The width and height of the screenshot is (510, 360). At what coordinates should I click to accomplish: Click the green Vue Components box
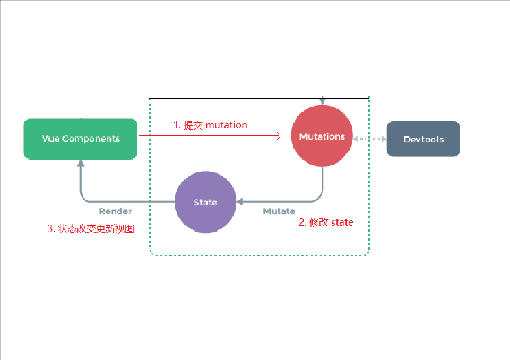(81, 139)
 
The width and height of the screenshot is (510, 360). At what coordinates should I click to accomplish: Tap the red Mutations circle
(322, 136)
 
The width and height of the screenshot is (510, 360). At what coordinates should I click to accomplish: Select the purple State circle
(205, 202)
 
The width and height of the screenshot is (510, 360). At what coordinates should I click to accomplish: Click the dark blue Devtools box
(423, 139)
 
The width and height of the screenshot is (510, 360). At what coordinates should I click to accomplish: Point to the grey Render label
(115, 211)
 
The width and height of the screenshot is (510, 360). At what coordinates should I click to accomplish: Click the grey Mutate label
(279, 211)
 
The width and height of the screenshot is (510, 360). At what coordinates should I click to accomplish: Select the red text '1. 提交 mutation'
(210, 125)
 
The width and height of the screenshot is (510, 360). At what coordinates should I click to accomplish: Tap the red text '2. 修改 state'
(326, 222)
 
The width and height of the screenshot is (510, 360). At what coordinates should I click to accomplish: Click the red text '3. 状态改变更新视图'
(91, 229)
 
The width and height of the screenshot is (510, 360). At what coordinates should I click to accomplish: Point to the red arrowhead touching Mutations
(278, 136)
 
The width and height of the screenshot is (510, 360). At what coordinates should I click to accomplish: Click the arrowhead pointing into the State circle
(239, 202)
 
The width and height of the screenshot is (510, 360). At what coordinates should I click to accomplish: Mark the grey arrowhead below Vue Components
(81, 164)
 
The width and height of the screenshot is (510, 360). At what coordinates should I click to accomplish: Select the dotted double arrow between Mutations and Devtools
(369, 139)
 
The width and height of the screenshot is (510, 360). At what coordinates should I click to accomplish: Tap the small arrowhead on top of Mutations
(322, 101)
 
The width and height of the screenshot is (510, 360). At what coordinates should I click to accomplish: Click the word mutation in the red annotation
(227, 125)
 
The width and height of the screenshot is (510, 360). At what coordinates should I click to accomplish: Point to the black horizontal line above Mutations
(239, 98)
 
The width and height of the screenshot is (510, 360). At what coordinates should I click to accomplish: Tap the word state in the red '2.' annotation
(342, 222)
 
